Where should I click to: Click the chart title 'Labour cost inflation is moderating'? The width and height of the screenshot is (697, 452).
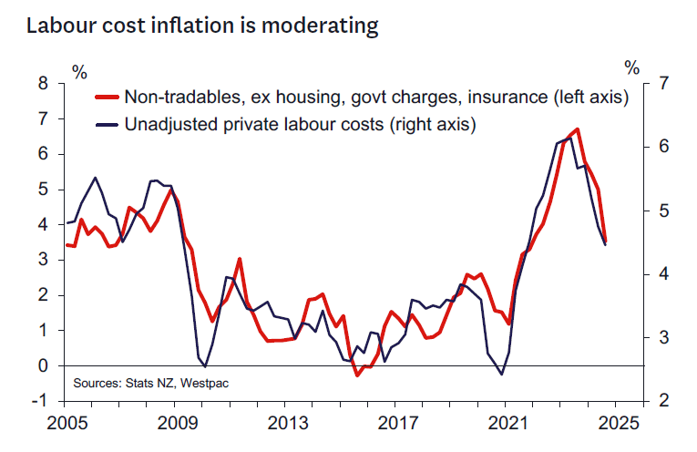201,26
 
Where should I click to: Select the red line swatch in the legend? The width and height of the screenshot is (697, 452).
108,98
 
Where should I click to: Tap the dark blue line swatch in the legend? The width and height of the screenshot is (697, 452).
108,124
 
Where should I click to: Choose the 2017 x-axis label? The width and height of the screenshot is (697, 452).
399,424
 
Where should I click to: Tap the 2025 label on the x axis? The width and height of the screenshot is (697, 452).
618,424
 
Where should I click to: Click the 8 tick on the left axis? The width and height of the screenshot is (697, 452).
42,83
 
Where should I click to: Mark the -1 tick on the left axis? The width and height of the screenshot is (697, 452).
38,401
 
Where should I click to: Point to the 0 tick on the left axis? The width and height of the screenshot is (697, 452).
42,365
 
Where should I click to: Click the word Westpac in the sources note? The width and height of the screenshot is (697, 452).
204,383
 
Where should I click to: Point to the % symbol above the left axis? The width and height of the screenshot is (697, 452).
80,70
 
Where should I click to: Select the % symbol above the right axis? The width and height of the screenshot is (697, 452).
632,67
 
